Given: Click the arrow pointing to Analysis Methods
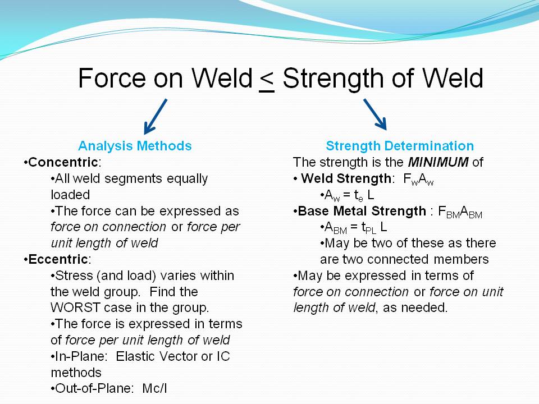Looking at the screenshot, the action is tap(156, 117).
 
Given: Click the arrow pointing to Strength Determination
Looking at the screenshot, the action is tap(375, 114).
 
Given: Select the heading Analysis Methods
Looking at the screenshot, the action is tap(135, 146).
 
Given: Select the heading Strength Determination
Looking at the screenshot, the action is tap(400, 146).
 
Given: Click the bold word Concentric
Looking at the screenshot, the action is tap(63, 162).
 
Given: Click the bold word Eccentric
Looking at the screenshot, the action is tap(58, 259).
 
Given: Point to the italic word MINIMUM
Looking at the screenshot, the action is tap(438, 162).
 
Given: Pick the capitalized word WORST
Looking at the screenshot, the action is tap(75, 307).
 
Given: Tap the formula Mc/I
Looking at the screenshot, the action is tap(155, 388).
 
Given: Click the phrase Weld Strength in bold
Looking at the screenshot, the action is tap(346, 178).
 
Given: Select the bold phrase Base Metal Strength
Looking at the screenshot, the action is tap(362, 211).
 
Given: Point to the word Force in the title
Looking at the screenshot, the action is tap(112, 79).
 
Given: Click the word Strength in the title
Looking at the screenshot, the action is tap(333, 79).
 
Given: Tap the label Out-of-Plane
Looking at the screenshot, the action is tap(93, 388).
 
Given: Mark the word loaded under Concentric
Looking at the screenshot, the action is tap(70, 195).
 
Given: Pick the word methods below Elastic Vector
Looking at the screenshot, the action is tap(76, 373).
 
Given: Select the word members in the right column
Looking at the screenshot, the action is tap(461, 259).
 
